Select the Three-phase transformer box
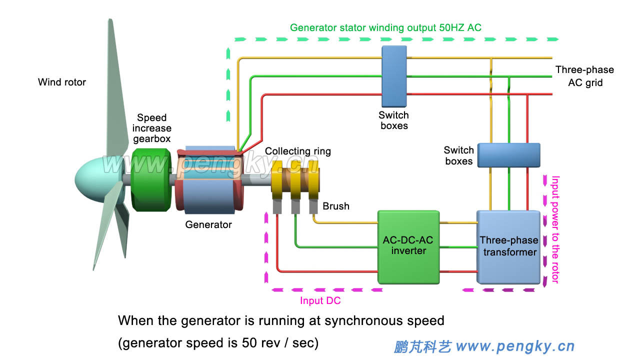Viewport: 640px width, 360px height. [509, 246]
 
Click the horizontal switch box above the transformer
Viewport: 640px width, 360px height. [508, 154]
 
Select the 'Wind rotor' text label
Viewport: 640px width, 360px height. [62, 82]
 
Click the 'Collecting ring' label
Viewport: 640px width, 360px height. [297, 151]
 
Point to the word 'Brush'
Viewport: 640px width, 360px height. [335, 206]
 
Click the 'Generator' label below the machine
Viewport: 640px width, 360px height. [208, 225]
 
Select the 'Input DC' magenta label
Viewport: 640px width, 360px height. [320, 300]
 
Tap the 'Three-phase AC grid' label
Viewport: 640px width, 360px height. [584, 76]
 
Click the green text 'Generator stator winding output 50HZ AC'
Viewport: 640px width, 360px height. [385, 27]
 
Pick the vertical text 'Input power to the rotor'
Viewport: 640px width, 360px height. [554, 229]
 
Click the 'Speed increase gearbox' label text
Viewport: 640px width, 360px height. [151, 128]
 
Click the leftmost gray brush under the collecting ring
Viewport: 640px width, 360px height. [278, 206]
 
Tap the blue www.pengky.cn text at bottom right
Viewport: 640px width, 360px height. [515, 346]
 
